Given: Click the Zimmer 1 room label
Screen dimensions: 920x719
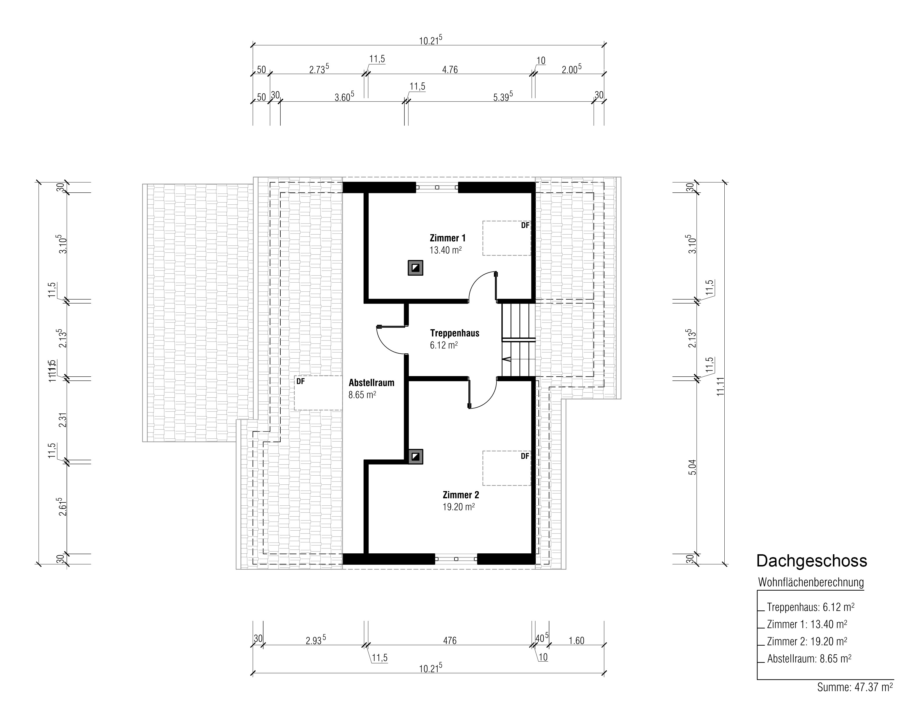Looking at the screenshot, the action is click(x=447, y=238).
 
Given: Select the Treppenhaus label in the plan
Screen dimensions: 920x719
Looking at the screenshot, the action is click(x=454, y=333).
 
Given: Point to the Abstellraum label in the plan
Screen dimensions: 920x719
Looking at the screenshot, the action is click(x=371, y=383).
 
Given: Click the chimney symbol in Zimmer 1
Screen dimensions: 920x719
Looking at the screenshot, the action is click(x=415, y=268).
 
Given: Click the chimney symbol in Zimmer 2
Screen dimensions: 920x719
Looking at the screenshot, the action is click(x=415, y=457).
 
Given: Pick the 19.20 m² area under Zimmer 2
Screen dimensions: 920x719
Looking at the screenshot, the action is click(x=459, y=507).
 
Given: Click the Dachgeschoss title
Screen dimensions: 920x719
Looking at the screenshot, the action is click(x=812, y=561).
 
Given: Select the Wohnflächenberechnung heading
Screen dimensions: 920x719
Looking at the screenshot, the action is click(x=811, y=582).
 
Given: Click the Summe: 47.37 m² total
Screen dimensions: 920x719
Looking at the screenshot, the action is click(x=855, y=687).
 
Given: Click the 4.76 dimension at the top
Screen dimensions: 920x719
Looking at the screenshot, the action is click(x=450, y=70).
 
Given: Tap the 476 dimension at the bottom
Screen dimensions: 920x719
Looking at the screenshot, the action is click(x=450, y=641).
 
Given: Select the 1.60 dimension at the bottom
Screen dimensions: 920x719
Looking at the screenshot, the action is click(x=576, y=641).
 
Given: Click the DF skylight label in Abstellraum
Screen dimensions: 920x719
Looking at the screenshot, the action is click(x=300, y=382).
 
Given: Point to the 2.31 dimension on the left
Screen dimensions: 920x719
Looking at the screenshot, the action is click(x=63, y=420).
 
